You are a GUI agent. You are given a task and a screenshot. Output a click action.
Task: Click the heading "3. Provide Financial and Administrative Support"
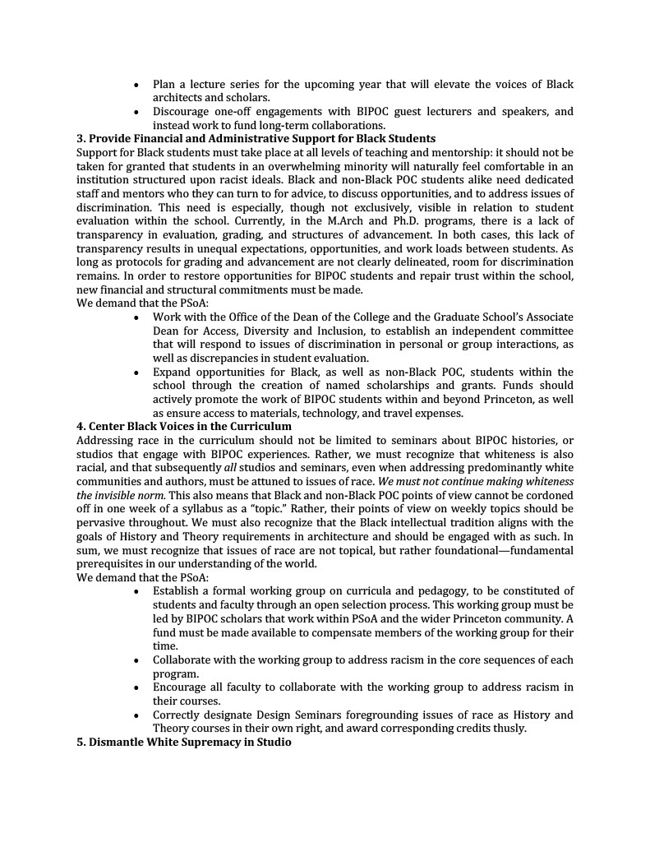click(256, 138)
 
